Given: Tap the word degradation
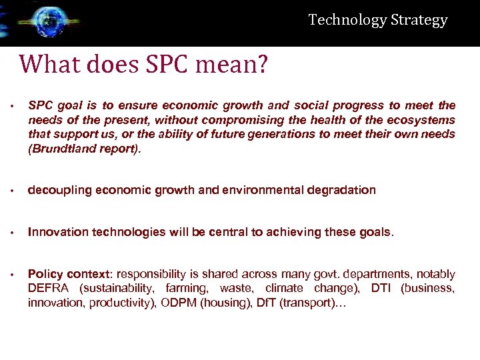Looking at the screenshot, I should (x=341, y=191).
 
